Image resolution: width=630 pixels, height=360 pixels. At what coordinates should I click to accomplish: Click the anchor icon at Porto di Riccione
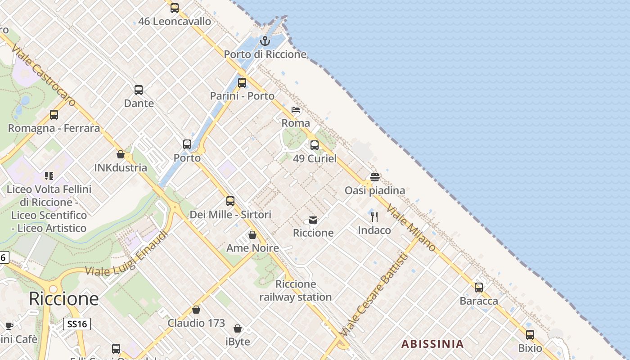[x=265, y=41]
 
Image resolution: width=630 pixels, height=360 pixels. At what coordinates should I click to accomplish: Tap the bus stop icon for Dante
[x=139, y=90]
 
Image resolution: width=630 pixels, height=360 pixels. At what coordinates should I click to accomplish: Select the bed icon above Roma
[x=296, y=110]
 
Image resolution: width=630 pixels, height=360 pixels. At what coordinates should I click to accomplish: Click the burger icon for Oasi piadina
[x=375, y=177]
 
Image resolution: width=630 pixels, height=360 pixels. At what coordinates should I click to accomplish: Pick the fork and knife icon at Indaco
[x=374, y=217]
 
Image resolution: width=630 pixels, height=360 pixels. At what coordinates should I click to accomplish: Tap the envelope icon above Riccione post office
[x=313, y=220]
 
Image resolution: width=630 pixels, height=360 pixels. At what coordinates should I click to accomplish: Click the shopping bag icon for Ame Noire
[x=252, y=235]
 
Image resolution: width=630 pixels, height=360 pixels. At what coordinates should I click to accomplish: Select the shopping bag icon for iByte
[x=238, y=328]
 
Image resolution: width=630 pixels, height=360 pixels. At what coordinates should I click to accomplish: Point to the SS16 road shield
[x=76, y=324]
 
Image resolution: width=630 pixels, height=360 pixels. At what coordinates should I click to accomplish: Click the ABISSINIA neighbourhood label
[x=432, y=344]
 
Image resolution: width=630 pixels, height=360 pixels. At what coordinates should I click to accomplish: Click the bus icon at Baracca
[x=479, y=287]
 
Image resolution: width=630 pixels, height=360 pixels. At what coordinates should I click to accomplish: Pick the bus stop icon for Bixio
[x=530, y=335]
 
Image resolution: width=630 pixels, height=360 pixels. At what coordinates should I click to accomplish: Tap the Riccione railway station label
[x=296, y=291]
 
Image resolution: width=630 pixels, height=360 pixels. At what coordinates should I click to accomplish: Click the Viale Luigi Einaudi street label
[x=127, y=254]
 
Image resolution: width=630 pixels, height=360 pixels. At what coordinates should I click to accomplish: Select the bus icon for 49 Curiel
[x=315, y=145]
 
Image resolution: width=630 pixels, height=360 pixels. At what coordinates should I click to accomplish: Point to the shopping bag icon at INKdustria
[x=121, y=154]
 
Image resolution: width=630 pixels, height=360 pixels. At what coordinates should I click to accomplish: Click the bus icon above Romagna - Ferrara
[x=54, y=115]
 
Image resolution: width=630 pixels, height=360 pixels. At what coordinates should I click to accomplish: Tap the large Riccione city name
[x=63, y=299]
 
